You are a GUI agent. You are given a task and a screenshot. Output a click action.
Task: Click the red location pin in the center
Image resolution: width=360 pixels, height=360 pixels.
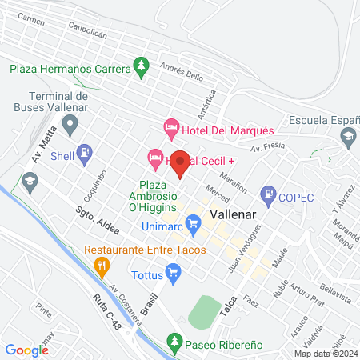click(180, 163)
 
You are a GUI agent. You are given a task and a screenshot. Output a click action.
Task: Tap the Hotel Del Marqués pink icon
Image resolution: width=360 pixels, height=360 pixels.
click(170, 127)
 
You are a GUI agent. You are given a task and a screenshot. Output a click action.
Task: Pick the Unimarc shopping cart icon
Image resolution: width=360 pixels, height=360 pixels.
click(192, 222)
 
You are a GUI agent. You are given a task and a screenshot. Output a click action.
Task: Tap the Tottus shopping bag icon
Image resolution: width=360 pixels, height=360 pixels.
click(176, 273)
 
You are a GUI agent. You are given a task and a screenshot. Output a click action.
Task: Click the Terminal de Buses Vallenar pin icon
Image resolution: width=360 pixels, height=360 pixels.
click(70, 123)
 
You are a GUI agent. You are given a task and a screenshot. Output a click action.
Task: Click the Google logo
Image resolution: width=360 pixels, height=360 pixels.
click(26, 350)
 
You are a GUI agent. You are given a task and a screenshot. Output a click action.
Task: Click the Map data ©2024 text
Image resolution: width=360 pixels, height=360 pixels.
click(323, 354)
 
